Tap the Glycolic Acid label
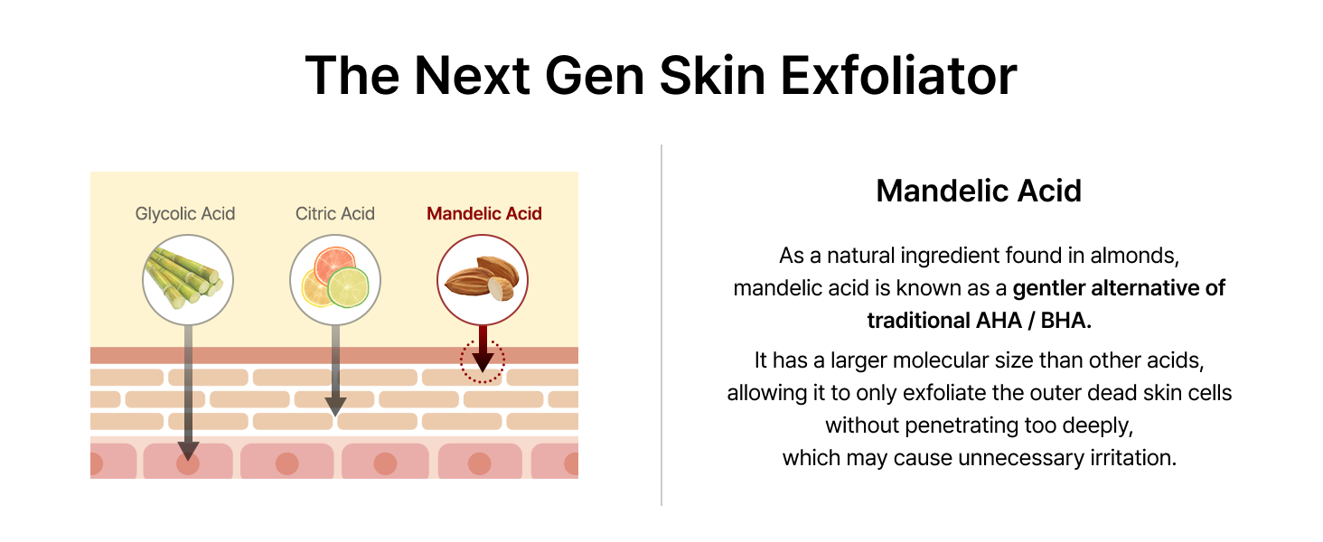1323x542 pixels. (x=185, y=213)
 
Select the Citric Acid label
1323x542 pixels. (x=335, y=213)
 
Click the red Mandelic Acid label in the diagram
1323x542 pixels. (x=484, y=213)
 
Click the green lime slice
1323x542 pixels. (x=348, y=287)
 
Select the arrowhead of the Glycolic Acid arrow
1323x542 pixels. (x=188, y=451)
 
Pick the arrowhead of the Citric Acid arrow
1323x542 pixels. (x=335, y=406)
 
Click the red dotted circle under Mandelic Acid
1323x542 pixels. (x=483, y=341)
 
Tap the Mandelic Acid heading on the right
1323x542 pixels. (x=979, y=191)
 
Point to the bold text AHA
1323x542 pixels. (x=999, y=321)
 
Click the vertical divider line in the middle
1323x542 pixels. (x=661, y=324)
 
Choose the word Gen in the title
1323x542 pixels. (x=594, y=76)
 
